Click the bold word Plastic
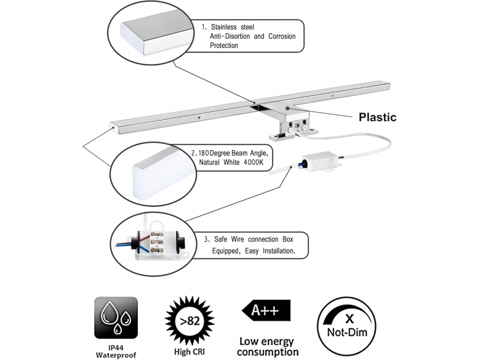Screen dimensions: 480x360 coord(377,118)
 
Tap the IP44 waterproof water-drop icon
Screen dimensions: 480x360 coord(116,318)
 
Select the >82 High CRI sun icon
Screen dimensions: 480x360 coord(190,321)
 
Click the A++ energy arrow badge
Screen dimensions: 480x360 coord(266,310)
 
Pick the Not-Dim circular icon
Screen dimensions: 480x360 coord(347,326)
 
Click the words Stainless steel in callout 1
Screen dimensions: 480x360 coord(233,27)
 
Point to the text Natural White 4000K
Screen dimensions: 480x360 coord(231,162)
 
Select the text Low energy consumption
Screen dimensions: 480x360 coord(268,346)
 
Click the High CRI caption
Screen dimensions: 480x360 coord(190,352)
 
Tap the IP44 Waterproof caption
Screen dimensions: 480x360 coord(116,351)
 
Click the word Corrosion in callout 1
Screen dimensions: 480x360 coord(282,36)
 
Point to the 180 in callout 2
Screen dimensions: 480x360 coord(204,153)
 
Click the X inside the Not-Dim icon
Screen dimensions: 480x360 coord(350,319)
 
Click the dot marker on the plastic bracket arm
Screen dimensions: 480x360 coord(287,108)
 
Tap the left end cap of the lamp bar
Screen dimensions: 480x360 coord(113,127)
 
